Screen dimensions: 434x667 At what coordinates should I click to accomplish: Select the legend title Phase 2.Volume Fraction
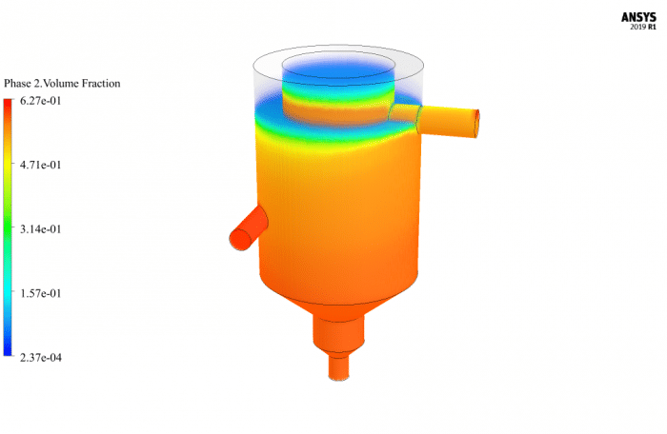(62, 84)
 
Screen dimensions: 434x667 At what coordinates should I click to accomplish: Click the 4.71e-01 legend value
(34, 165)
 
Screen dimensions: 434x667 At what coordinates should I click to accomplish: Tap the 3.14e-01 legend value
(34, 229)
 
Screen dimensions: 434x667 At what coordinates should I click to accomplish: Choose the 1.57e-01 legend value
(34, 293)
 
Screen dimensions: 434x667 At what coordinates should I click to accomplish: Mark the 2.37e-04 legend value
(34, 358)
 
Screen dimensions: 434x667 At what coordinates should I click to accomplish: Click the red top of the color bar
(8, 107)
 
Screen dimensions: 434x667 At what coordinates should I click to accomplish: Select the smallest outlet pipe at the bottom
(339, 366)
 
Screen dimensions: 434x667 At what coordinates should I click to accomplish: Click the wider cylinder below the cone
(339, 332)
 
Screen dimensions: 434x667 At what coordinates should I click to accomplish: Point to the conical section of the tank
(338, 295)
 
